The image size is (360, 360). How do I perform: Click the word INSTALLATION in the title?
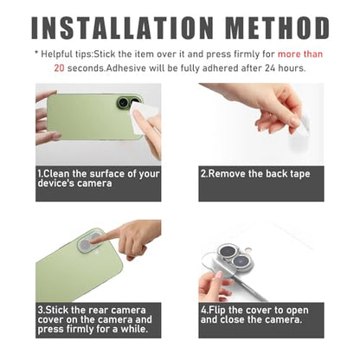coord(122,28)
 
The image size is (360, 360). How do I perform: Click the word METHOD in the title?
coord(278,28)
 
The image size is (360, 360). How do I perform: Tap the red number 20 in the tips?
coord(59,68)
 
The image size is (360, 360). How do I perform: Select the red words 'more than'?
coord(300,55)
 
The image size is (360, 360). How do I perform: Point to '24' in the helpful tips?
coord(271,68)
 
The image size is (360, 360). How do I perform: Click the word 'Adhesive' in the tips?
coord(126,68)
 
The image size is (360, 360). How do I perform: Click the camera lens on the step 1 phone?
coord(123,102)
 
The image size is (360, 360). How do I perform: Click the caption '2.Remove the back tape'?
coord(255,174)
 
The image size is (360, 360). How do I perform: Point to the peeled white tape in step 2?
coord(302,125)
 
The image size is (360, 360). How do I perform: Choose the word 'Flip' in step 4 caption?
coord(217,311)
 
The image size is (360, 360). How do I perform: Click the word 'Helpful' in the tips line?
coord(57,55)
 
